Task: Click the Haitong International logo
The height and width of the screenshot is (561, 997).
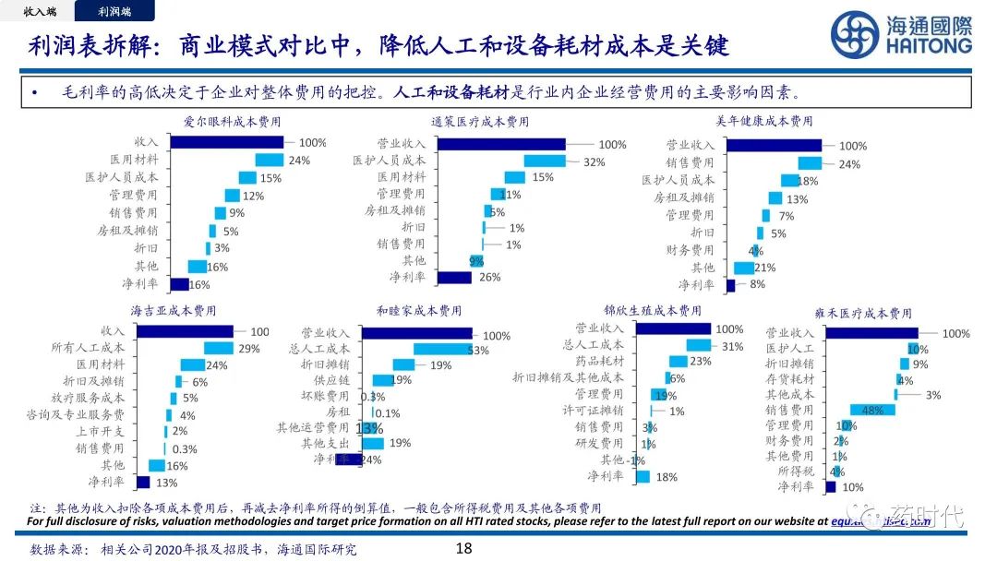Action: (x=901, y=35)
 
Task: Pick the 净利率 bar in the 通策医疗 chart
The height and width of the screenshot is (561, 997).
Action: (x=454, y=277)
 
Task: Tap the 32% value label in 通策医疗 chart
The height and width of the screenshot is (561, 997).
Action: (x=594, y=161)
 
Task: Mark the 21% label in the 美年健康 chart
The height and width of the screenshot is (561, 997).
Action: (x=766, y=268)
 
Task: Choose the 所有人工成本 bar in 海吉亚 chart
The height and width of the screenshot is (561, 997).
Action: (x=219, y=348)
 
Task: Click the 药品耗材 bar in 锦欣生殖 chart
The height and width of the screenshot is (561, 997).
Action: (x=679, y=361)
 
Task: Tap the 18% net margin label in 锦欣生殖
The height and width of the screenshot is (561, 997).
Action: (x=666, y=476)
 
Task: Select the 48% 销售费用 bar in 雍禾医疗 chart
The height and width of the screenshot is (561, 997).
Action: (x=872, y=410)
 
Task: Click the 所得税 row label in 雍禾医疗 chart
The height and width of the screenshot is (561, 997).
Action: (x=795, y=471)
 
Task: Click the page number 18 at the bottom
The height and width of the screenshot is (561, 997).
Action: (x=464, y=549)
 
